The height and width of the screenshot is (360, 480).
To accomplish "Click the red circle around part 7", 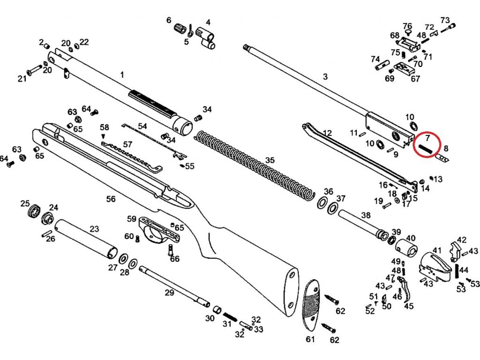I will pos(427,145).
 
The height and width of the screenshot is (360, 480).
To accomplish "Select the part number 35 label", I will pos(270,160).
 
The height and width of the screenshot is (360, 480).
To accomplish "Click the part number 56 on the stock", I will pos(111,199).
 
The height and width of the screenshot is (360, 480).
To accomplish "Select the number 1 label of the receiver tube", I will pos(122,75).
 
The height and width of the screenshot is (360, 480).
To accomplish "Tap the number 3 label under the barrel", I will pos(325,76).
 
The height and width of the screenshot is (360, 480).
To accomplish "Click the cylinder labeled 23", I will pos(84,238).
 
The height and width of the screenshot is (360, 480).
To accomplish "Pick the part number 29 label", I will pos(169,292).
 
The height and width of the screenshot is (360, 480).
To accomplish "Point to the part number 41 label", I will pos(437,250).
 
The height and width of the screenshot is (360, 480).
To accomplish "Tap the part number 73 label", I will pos(445,20).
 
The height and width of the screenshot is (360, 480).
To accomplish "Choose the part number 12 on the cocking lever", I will pos(327,134).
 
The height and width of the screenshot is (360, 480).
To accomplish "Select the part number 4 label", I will pos(208,22).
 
